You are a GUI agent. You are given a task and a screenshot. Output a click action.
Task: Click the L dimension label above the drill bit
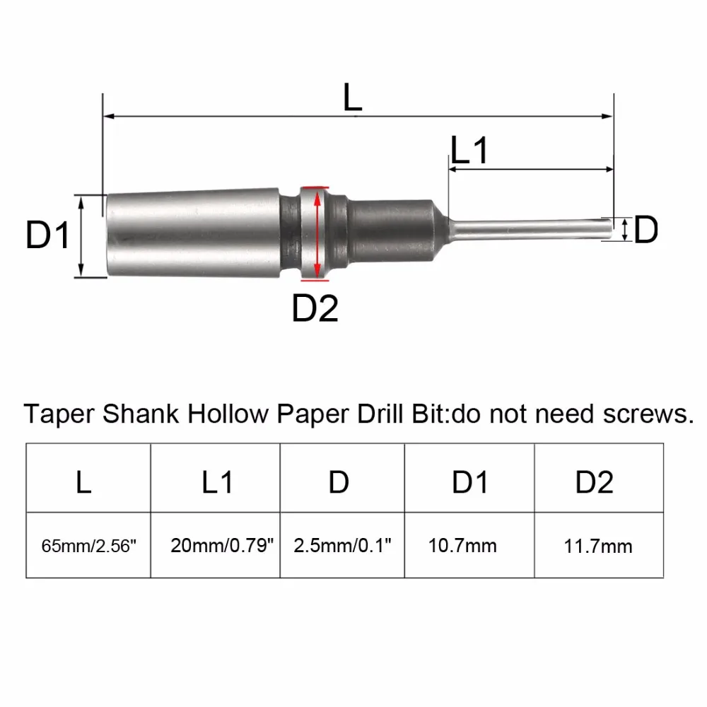[352, 97]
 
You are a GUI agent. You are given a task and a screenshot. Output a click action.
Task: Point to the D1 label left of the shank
[48, 235]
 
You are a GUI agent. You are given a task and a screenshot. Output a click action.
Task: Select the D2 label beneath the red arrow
[315, 308]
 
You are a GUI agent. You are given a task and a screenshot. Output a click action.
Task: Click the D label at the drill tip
[645, 230]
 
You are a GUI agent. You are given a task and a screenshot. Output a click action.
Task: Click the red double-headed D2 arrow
[317, 234]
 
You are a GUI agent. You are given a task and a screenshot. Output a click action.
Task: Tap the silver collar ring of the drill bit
[314, 233]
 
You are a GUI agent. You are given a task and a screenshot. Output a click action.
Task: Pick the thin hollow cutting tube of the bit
[530, 230]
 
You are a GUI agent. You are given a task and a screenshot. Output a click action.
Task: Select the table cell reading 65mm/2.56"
[88, 546]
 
